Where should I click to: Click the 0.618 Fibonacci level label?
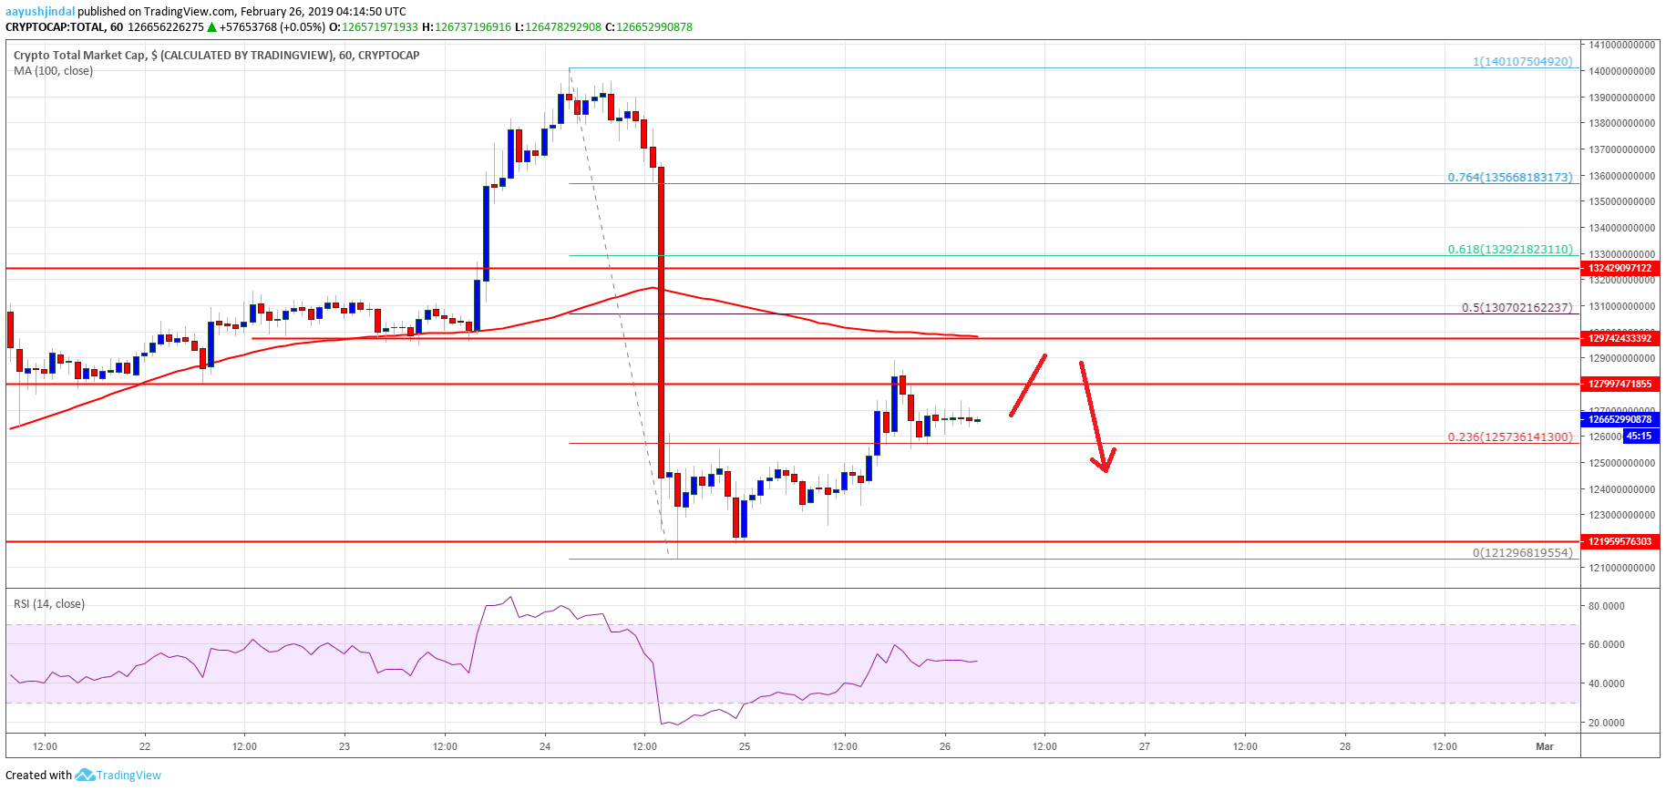pyautogui.click(x=1509, y=249)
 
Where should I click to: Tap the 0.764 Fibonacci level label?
pyautogui.click(x=1509, y=177)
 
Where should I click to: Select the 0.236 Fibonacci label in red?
pyautogui.click(x=1509, y=437)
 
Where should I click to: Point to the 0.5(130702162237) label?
pyautogui.click(x=1517, y=307)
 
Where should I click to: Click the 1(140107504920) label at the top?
pyautogui.click(x=1522, y=62)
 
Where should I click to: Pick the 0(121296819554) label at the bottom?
pyautogui.click(x=1522, y=552)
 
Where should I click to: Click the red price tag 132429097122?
pyautogui.click(x=1620, y=268)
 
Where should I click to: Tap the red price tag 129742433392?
pyautogui.click(x=1620, y=338)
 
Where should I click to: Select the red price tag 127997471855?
pyautogui.click(x=1620, y=384)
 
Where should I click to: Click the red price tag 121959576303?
pyautogui.click(x=1620, y=541)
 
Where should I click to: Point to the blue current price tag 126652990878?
pyautogui.click(x=1620, y=419)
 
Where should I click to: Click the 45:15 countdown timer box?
pyautogui.click(x=1639, y=436)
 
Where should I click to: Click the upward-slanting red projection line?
pyautogui.click(x=1028, y=385)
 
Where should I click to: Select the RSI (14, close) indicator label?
pyautogui.click(x=49, y=603)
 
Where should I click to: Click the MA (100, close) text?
pyautogui.click(x=53, y=71)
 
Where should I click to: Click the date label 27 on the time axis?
pyautogui.click(x=1145, y=746)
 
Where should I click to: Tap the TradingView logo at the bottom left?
pyautogui.click(x=118, y=776)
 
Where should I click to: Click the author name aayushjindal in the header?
pyautogui.click(x=40, y=11)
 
